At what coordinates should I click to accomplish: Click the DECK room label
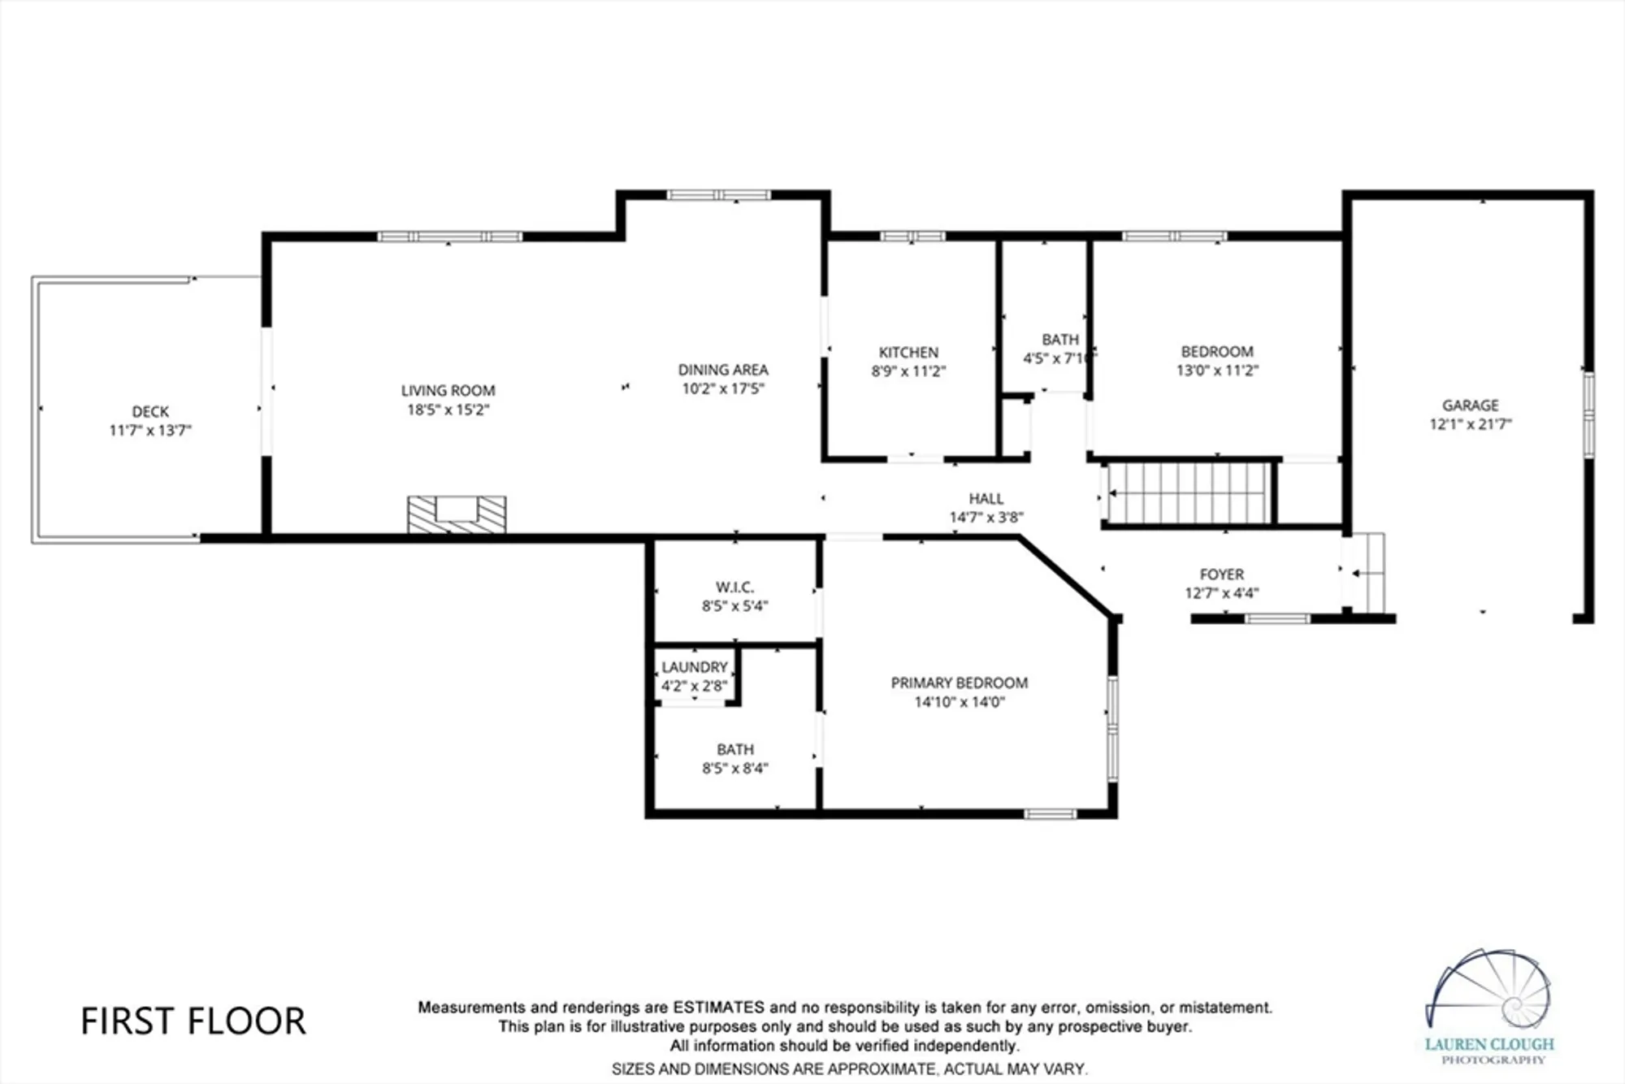tap(150, 411)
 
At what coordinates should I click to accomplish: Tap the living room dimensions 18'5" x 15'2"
tap(448, 410)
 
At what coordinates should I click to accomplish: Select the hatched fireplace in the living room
tap(457, 514)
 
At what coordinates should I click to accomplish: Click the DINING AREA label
tap(722, 370)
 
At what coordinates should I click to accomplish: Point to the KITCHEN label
tap(908, 352)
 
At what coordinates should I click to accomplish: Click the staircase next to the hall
tap(1188, 493)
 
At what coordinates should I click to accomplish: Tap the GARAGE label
tap(1470, 405)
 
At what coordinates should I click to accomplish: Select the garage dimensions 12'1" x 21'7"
tap(1470, 424)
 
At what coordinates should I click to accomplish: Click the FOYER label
tap(1221, 575)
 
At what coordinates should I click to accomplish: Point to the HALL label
tap(986, 498)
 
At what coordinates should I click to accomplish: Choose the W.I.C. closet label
tap(734, 587)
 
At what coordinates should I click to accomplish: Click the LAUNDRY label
tap(694, 667)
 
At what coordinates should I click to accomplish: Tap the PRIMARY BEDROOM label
tap(959, 683)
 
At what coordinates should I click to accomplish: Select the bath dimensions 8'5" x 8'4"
tap(734, 769)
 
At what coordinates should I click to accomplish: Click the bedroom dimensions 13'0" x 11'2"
tap(1216, 371)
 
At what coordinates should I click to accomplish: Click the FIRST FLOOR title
tap(193, 1021)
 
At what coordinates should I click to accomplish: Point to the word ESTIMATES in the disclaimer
tap(718, 1008)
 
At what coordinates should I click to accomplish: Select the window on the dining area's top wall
tap(718, 195)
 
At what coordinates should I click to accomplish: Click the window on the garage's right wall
tap(1588, 414)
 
